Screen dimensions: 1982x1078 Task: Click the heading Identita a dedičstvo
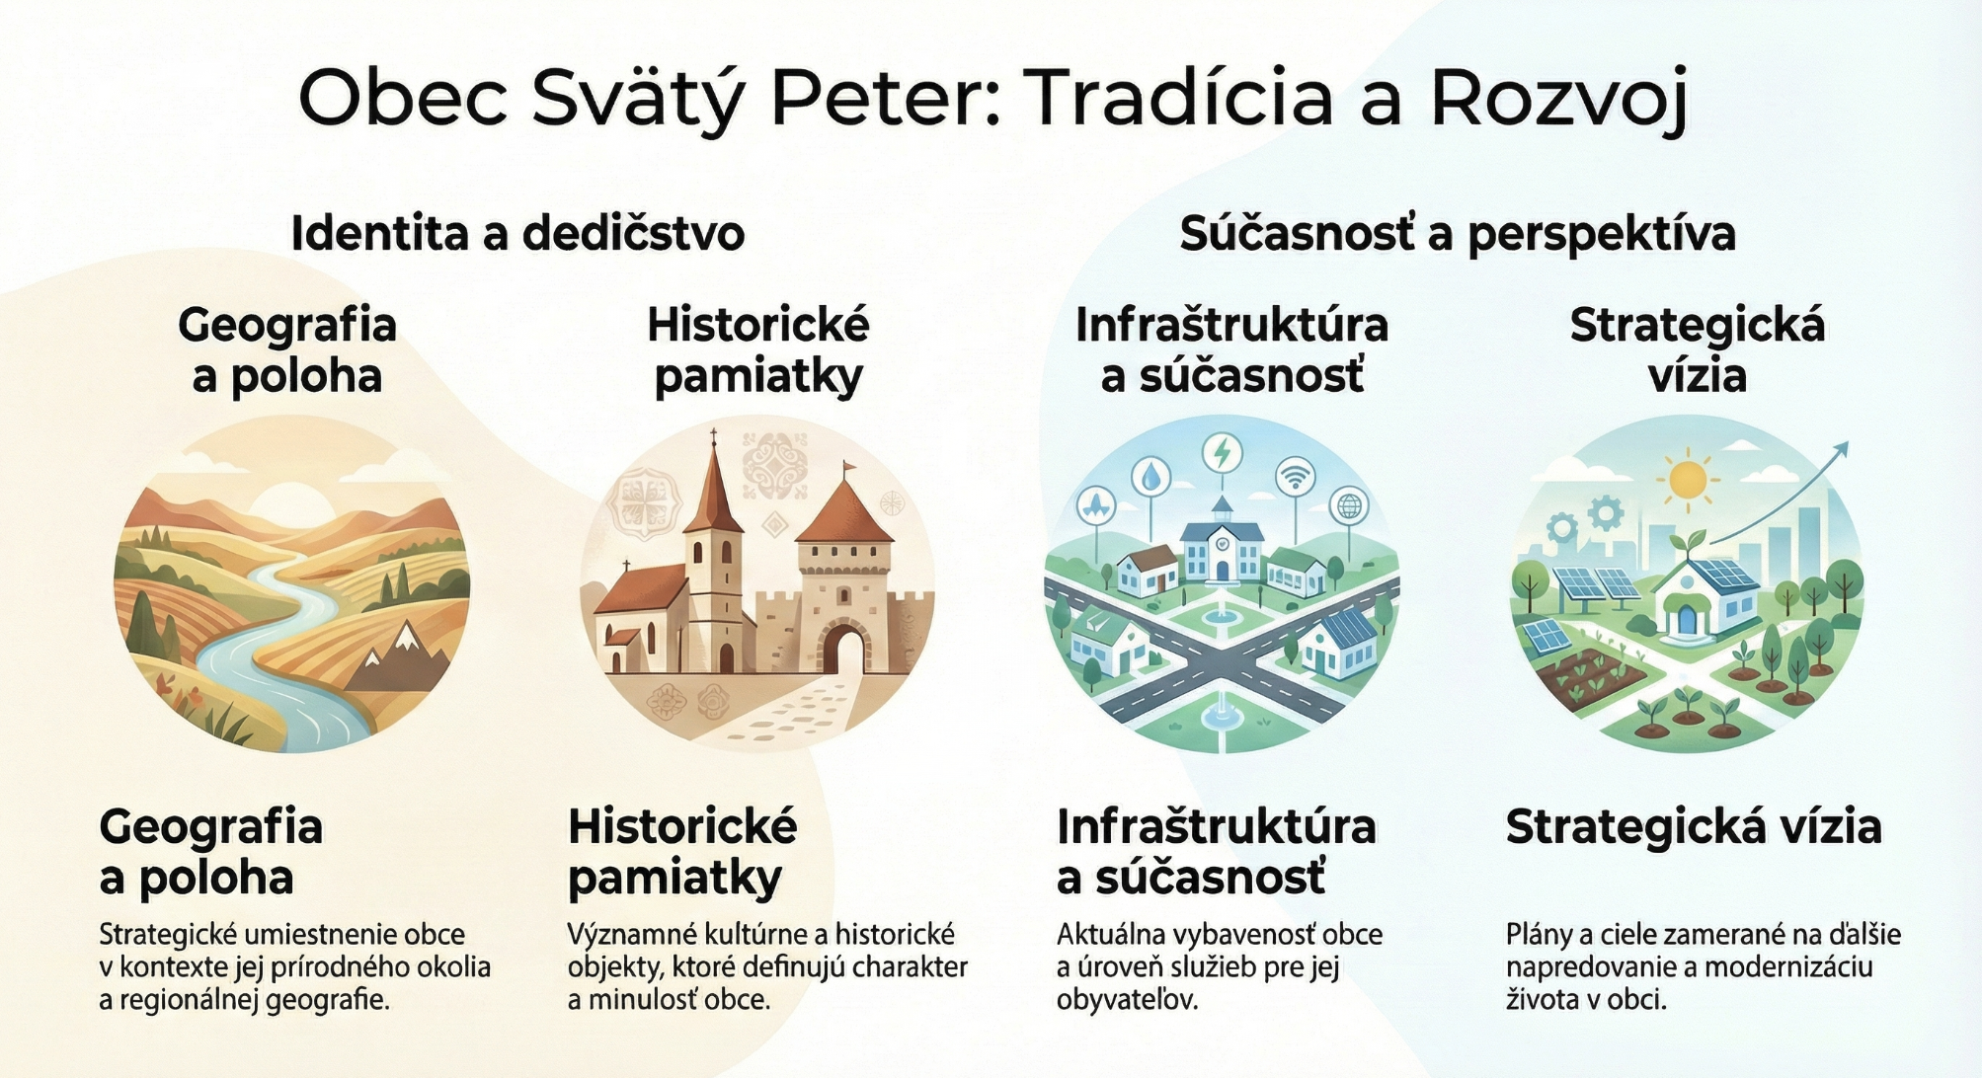click(517, 234)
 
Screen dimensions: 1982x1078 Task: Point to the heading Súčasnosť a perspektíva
click(1458, 235)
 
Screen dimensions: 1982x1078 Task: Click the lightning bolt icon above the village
click(1223, 453)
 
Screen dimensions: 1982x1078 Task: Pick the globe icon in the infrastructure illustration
click(1349, 506)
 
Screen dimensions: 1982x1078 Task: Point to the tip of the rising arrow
click(1848, 443)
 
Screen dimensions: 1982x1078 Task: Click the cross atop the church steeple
click(713, 437)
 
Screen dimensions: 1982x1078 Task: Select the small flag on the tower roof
click(849, 467)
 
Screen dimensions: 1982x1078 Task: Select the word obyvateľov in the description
click(1127, 1000)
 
